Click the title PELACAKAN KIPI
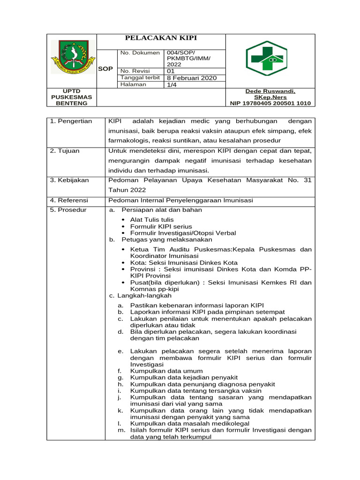click(160, 38)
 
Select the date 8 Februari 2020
click(192, 78)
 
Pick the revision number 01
click(171, 71)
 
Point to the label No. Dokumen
click(140, 53)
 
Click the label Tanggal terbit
click(140, 77)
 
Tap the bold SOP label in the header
click(105, 68)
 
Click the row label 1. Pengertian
click(71, 121)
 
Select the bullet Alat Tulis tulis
click(152, 219)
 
